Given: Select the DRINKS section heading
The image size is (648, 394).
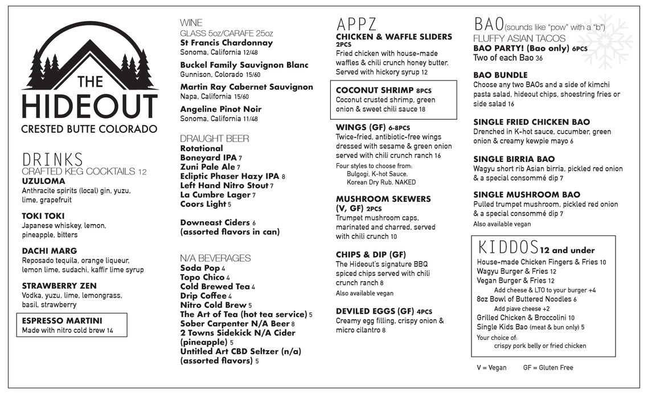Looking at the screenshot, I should [x=52, y=160].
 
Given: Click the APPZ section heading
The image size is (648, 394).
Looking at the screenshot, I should [x=356, y=25].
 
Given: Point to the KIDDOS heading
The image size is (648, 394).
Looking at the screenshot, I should [x=508, y=248].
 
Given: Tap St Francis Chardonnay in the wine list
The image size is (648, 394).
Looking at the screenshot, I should [x=227, y=43].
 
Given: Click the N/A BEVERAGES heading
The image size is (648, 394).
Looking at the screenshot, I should [x=215, y=258].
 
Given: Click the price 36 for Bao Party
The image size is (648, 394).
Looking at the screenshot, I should [x=539, y=58].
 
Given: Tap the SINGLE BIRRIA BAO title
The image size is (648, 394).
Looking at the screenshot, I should [x=514, y=159].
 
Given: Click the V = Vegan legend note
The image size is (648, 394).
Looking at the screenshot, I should [x=491, y=368].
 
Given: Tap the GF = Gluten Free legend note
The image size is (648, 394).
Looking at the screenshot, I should [x=548, y=368].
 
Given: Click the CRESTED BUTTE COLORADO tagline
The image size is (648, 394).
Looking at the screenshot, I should [x=89, y=129].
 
